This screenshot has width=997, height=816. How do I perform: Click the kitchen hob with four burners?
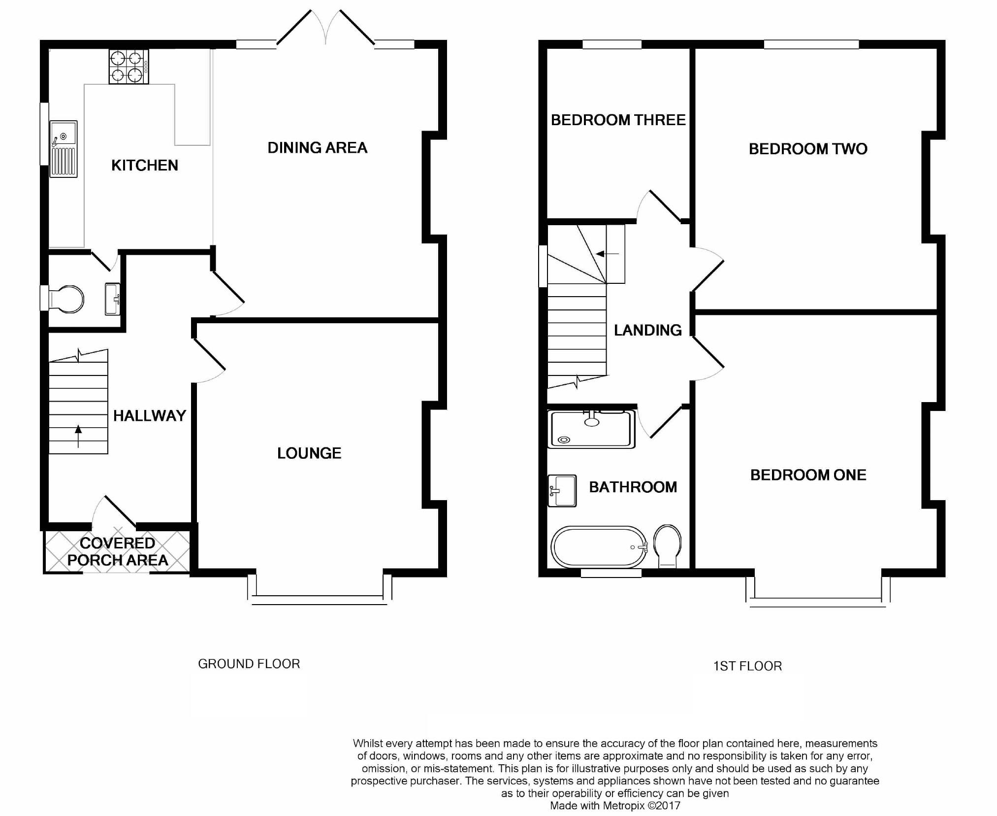(129, 67)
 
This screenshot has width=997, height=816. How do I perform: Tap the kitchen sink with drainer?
(64, 149)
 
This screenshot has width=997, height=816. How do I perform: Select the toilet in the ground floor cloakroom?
(66, 299)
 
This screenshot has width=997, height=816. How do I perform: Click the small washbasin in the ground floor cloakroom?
(112, 299)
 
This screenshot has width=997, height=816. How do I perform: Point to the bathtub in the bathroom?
(599, 547)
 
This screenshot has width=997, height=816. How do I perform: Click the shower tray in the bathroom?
(591, 429)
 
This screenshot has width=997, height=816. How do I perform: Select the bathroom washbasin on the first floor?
(562, 491)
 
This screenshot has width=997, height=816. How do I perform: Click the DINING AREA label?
(317, 148)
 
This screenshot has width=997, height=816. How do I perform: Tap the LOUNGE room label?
(309, 453)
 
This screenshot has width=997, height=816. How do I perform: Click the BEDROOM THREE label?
(618, 120)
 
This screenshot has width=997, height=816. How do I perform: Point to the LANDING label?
(647, 330)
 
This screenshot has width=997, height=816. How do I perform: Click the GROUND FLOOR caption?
(249, 664)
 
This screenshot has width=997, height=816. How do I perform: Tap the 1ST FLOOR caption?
(747, 666)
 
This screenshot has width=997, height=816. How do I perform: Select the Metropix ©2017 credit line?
(615, 806)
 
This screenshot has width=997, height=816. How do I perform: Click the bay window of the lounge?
(320, 599)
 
